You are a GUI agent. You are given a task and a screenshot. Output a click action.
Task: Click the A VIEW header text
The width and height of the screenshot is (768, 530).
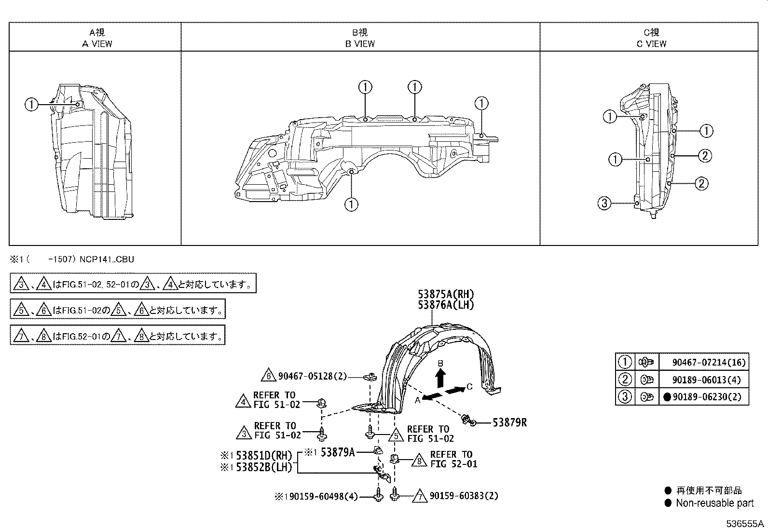tap(97, 43)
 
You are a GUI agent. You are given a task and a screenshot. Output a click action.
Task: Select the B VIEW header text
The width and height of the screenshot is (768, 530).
tap(360, 43)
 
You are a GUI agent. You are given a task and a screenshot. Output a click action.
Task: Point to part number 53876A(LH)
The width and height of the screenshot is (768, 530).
tap(446, 305)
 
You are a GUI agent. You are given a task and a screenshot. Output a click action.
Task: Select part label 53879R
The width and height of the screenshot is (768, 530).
tap(509, 423)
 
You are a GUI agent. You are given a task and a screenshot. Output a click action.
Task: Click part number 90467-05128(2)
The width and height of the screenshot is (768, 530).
tap(312, 376)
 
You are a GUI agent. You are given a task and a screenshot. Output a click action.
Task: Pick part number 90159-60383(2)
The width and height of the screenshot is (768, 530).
tap(464, 496)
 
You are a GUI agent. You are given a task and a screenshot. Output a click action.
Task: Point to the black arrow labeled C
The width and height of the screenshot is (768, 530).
tap(454, 390)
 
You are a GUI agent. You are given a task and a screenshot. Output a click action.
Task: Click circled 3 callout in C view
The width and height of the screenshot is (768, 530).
tap(604, 203)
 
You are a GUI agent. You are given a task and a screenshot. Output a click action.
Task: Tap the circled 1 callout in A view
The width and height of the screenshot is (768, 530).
tap(31, 104)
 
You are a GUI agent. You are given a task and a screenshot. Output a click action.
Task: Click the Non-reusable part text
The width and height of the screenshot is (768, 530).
tap(714, 503)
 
